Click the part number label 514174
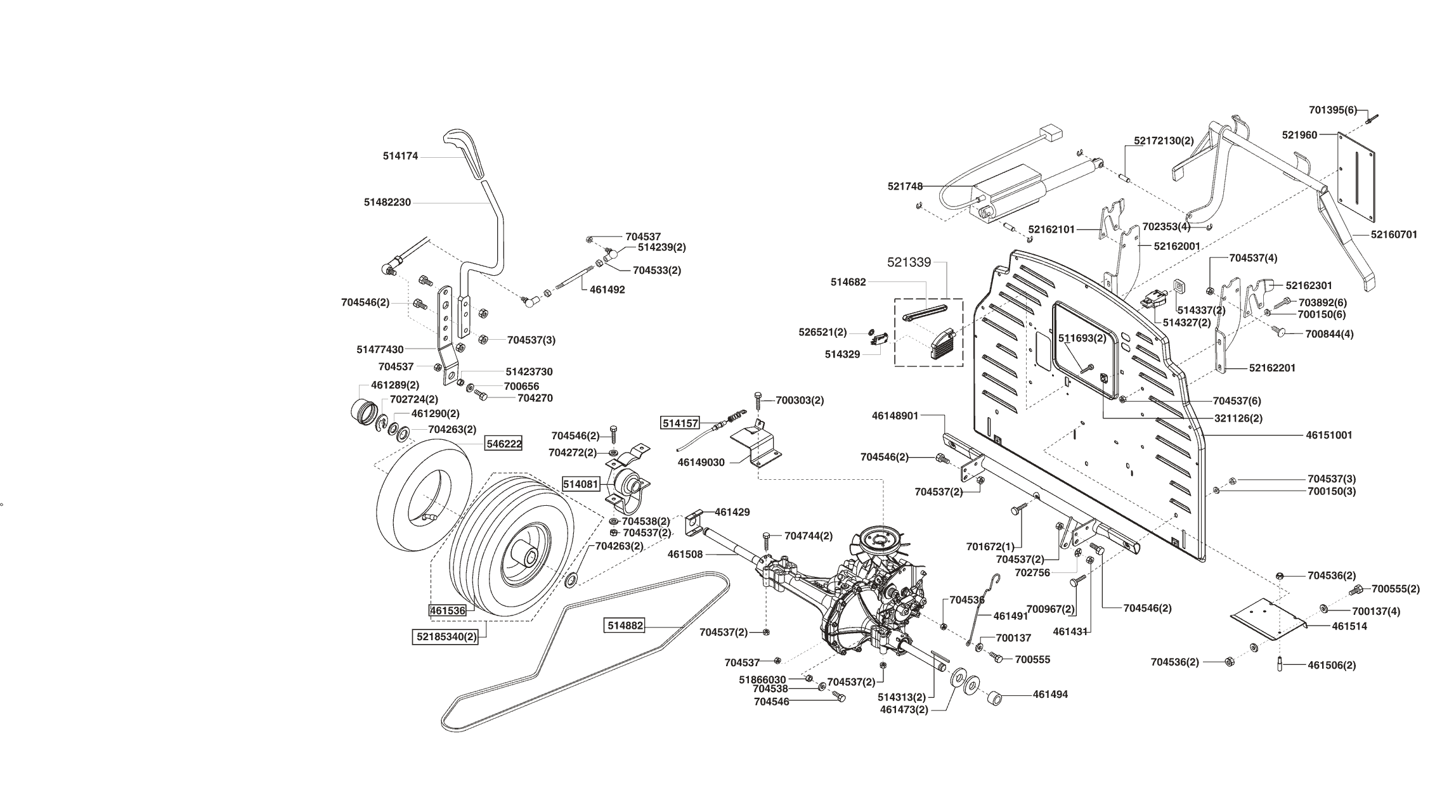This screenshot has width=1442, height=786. (400, 156)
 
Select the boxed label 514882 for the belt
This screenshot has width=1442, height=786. (625, 626)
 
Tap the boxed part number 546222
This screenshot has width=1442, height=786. (504, 444)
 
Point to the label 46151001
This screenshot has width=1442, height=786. (1329, 435)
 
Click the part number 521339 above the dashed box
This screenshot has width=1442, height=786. (909, 262)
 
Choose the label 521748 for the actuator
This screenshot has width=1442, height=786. (905, 186)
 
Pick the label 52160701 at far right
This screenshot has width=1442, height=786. (1394, 235)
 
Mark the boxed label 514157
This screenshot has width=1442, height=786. (680, 423)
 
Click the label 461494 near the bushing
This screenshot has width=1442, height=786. (1050, 695)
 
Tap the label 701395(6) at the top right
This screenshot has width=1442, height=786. (1333, 110)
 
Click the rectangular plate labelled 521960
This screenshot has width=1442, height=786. (1356, 177)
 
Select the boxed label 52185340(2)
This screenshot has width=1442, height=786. (445, 636)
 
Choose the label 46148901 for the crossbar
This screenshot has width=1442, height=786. (895, 416)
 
